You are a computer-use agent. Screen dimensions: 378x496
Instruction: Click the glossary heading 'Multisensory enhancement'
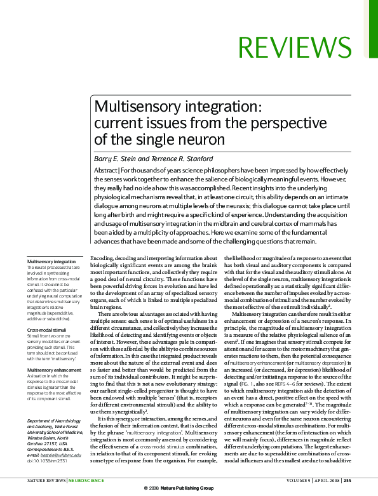pos(54,370)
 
